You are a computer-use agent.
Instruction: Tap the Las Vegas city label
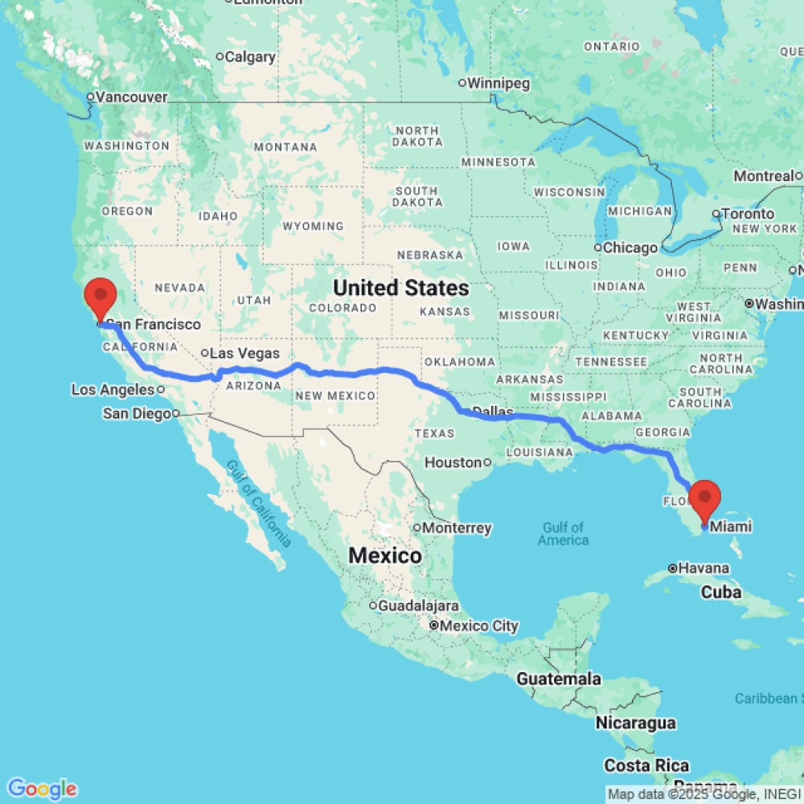pos(244,354)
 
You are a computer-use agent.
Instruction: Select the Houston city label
pos(453,462)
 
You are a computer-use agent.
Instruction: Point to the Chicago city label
pos(630,248)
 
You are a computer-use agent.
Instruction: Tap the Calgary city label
pos(250,57)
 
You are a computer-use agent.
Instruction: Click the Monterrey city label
pos(457,528)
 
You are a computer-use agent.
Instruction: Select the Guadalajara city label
pos(418,605)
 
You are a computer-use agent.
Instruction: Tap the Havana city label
pos(702,568)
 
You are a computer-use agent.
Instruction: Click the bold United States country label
pos(401,287)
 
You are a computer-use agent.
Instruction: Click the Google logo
pos(42,789)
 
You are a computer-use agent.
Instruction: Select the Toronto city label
pos(748,214)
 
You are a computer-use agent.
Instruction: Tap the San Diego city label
pos(137,413)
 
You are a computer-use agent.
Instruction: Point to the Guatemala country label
pos(558,679)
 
